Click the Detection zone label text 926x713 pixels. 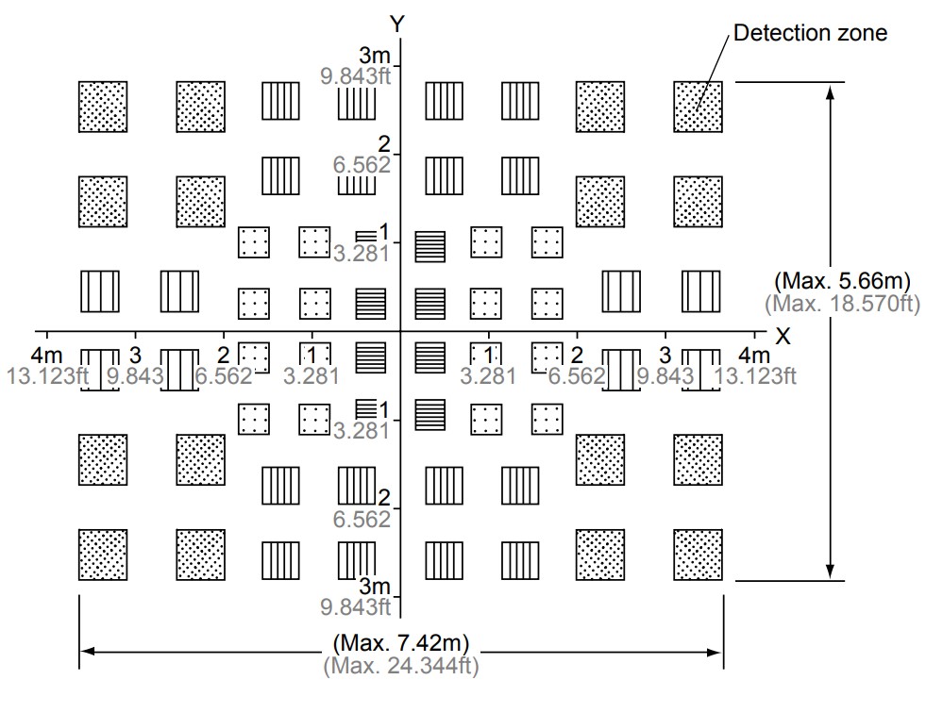coord(810,33)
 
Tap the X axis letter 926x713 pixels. coord(783,336)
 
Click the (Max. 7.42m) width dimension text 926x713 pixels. coord(401,644)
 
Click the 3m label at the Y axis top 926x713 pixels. coord(375,55)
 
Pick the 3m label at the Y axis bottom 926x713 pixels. coord(375,586)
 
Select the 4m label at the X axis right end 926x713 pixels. coord(754,356)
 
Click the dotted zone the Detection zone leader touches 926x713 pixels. coord(698,106)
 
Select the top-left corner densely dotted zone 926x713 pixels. coord(103,106)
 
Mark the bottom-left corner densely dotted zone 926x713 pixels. coord(103,555)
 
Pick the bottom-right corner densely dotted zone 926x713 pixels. coord(698,555)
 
